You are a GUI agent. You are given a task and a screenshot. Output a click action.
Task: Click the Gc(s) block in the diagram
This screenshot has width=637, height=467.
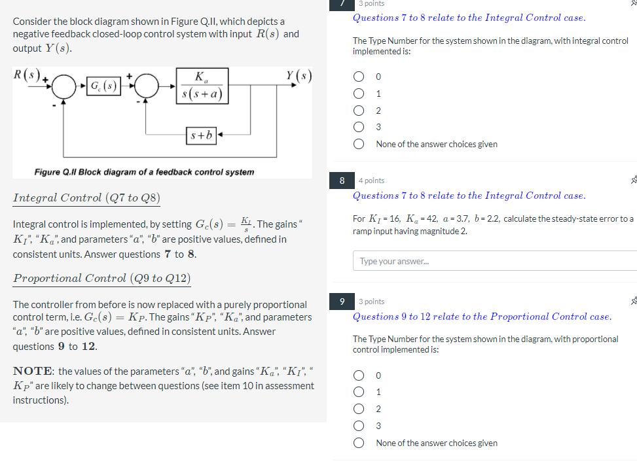104,86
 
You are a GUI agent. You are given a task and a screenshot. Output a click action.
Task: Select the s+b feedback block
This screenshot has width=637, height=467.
201,136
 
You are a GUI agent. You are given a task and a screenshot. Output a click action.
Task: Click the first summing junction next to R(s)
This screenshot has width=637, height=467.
65,86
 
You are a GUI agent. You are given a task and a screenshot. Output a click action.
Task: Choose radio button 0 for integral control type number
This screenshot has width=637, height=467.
359,77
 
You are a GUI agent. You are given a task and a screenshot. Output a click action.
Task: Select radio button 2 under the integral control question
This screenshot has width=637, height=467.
359,111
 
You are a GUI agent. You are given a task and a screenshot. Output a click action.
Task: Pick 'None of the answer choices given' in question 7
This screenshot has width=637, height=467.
359,145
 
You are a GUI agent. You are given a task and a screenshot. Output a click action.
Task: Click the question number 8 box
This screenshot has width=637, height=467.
342,181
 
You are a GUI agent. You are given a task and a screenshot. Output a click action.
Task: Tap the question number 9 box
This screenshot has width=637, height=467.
342,302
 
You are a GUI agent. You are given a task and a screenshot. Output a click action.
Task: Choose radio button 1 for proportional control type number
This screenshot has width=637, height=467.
359,392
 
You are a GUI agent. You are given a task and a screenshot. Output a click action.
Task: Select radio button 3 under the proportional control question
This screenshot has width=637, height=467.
359,426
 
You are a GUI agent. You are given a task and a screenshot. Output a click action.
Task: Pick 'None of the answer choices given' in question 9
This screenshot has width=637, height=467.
359,443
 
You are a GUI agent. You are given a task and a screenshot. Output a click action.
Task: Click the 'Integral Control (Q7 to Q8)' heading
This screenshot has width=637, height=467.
86,198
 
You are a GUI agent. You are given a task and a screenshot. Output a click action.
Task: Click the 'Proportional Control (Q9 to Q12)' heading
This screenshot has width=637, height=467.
102,278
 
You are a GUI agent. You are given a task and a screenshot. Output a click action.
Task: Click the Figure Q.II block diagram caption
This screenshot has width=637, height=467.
144,172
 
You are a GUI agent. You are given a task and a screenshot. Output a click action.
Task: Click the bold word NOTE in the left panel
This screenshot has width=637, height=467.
33,372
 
